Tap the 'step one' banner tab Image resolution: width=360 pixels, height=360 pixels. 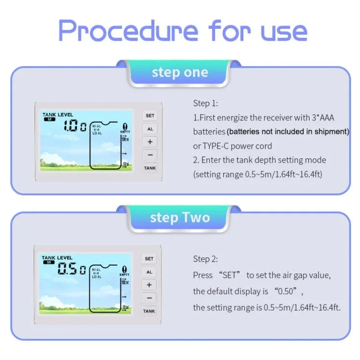(180, 72)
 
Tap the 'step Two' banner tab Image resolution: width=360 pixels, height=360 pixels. (180, 217)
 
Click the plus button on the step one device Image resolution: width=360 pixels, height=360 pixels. (150, 142)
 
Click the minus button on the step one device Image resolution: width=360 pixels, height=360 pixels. (150, 155)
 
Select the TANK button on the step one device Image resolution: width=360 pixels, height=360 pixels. (150, 168)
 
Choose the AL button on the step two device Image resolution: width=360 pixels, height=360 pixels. (149, 272)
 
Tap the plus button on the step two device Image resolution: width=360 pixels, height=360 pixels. (149, 285)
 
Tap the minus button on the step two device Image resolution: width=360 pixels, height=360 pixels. (149, 298)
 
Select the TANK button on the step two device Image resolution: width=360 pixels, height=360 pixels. (149, 311)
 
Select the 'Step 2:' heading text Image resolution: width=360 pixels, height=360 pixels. (205, 259)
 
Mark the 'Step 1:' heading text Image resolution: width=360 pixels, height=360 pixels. (205, 103)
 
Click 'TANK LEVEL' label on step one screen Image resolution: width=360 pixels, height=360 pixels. (58, 115)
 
